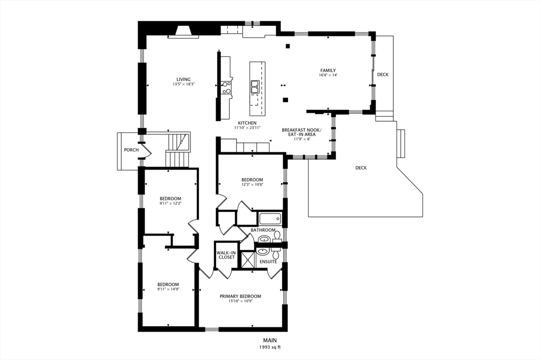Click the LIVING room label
click(x=184, y=80)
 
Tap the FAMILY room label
click(x=328, y=71)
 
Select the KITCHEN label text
click(x=247, y=123)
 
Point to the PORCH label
click(x=131, y=150)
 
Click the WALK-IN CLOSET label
click(x=226, y=255)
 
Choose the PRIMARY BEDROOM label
click(x=240, y=296)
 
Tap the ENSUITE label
click(x=268, y=261)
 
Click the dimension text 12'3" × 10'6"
click(x=252, y=184)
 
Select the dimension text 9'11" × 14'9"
click(x=168, y=289)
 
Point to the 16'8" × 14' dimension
click(x=328, y=75)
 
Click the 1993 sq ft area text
click(x=269, y=347)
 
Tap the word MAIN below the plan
click(x=270, y=341)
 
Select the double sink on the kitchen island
click(x=255, y=86)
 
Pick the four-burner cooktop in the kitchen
click(x=227, y=87)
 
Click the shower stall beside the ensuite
click(x=247, y=260)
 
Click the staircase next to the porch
click(x=178, y=150)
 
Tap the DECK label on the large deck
click(x=361, y=168)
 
